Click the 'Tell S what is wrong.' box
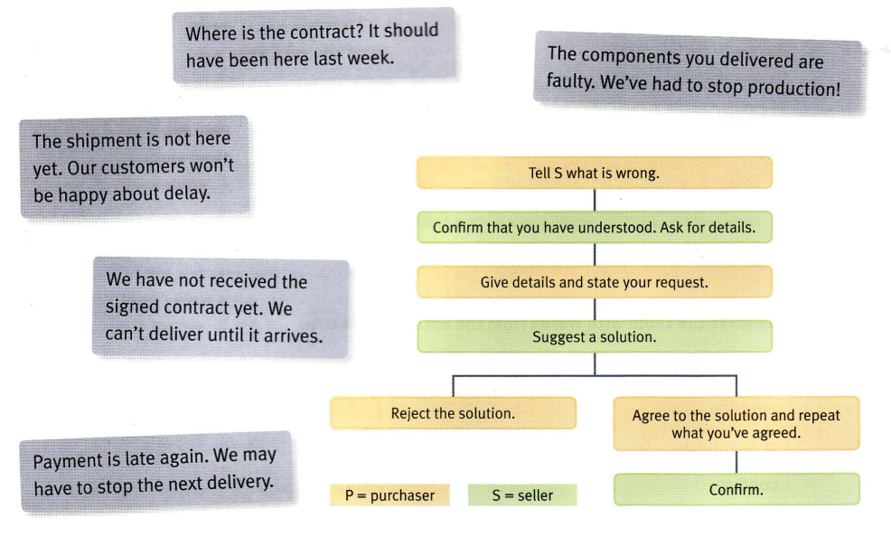coord(594,173)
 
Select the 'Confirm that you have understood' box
coord(594,228)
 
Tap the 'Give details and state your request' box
coord(594,282)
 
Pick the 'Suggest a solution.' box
coord(594,337)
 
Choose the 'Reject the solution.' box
coord(453,413)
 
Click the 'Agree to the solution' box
coord(736,424)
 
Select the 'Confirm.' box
coord(736,491)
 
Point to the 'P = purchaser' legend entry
coord(389,495)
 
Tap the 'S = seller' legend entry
coord(522,495)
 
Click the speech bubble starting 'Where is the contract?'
coord(313,45)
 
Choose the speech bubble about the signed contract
coord(220,308)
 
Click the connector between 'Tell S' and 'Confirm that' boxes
coord(594,200)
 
